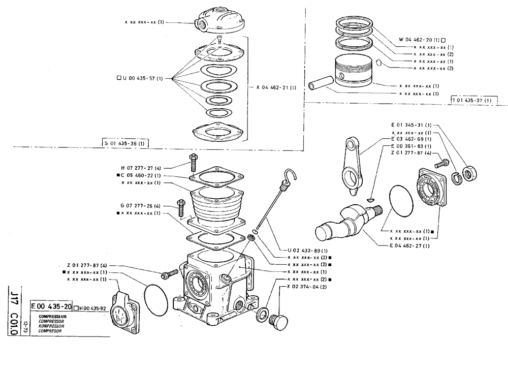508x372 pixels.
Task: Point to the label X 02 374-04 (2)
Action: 307,287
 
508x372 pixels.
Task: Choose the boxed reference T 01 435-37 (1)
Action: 471,100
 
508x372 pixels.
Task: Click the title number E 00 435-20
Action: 50,307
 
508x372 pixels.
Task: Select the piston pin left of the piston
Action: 320,82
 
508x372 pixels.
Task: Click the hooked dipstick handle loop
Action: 290,176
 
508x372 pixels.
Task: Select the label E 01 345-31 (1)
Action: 411,125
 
